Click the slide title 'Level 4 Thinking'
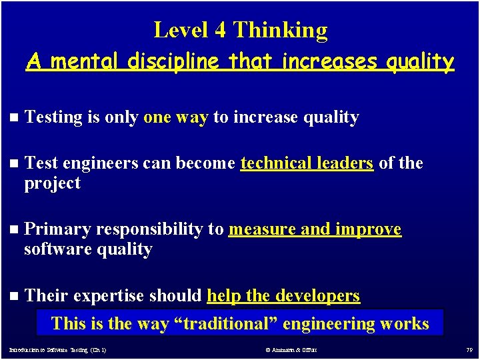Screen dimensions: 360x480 click(x=240, y=30)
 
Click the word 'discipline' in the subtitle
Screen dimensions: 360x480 click(x=175, y=62)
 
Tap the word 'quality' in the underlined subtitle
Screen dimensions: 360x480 click(x=419, y=62)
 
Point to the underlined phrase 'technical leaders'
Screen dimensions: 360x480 click(x=307, y=163)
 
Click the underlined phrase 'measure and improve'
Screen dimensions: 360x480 click(x=315, y=229)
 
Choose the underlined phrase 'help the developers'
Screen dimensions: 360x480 click(x=283, y=295)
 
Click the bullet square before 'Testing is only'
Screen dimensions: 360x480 click(x=15, y=118)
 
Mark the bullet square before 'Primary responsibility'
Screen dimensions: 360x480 click(x=15, y=230)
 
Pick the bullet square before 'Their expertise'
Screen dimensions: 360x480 click(x=15, y=296)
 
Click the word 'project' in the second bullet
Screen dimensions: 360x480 click(x=52, y=183)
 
